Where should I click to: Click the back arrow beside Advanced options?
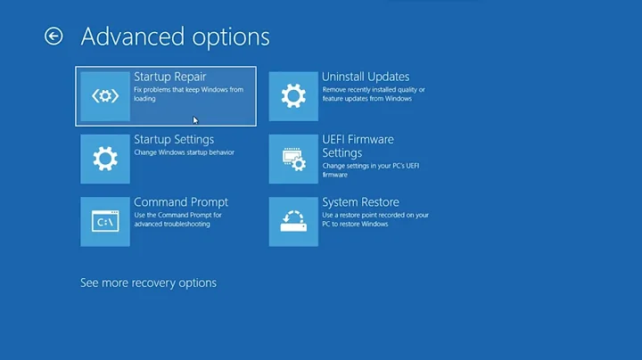(x=53, y=36)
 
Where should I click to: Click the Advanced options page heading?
(x=175, y=37)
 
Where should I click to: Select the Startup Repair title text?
(x=169, y=78)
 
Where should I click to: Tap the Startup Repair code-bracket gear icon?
(x=105, y=96)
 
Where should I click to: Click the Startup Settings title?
(x=174, y=140)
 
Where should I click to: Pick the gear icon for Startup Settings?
(x=105, y=160)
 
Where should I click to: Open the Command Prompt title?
(x=181, y=202)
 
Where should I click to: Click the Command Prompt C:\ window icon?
(x=105, y=222)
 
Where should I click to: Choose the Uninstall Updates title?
(x=366, y=78)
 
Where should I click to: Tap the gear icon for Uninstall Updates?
(x=293, y=96)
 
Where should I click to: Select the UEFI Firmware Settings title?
(x=358, y=146)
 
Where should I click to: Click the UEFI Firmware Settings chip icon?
(x=293, y=160)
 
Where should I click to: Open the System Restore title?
(x=360, y=202)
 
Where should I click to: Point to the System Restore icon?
(x=293, y=222)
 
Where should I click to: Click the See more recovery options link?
(x=148, y=283)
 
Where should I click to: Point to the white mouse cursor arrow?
(x=195, y=120)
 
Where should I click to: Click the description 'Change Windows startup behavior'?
(x=184, y=152)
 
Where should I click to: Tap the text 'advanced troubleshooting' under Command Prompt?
(x=172, y=224)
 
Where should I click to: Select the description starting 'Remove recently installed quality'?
(x=374, y=90)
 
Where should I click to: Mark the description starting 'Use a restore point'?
(x=375, y=215)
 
